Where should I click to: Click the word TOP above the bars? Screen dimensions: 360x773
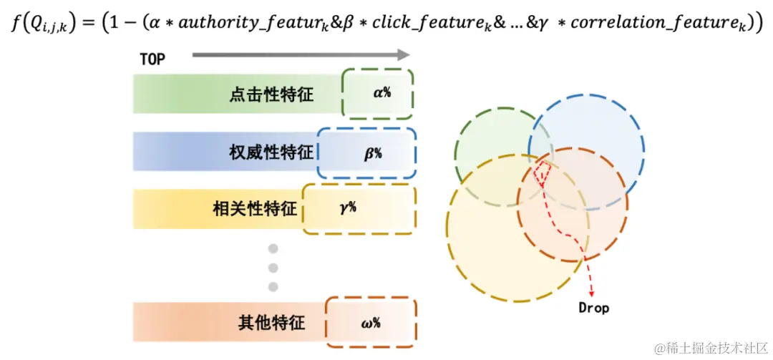152,59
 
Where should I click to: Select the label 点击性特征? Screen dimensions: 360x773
272,94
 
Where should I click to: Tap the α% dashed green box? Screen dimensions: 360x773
378,94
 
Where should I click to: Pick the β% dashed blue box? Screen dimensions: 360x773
367,152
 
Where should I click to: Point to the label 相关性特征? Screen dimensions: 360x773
255,209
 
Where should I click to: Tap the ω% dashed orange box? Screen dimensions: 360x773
371,322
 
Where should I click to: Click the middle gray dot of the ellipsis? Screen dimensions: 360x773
273,268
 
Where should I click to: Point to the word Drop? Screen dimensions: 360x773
594,308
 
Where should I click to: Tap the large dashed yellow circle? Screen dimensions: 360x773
487,243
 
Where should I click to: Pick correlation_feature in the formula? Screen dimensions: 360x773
651,24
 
